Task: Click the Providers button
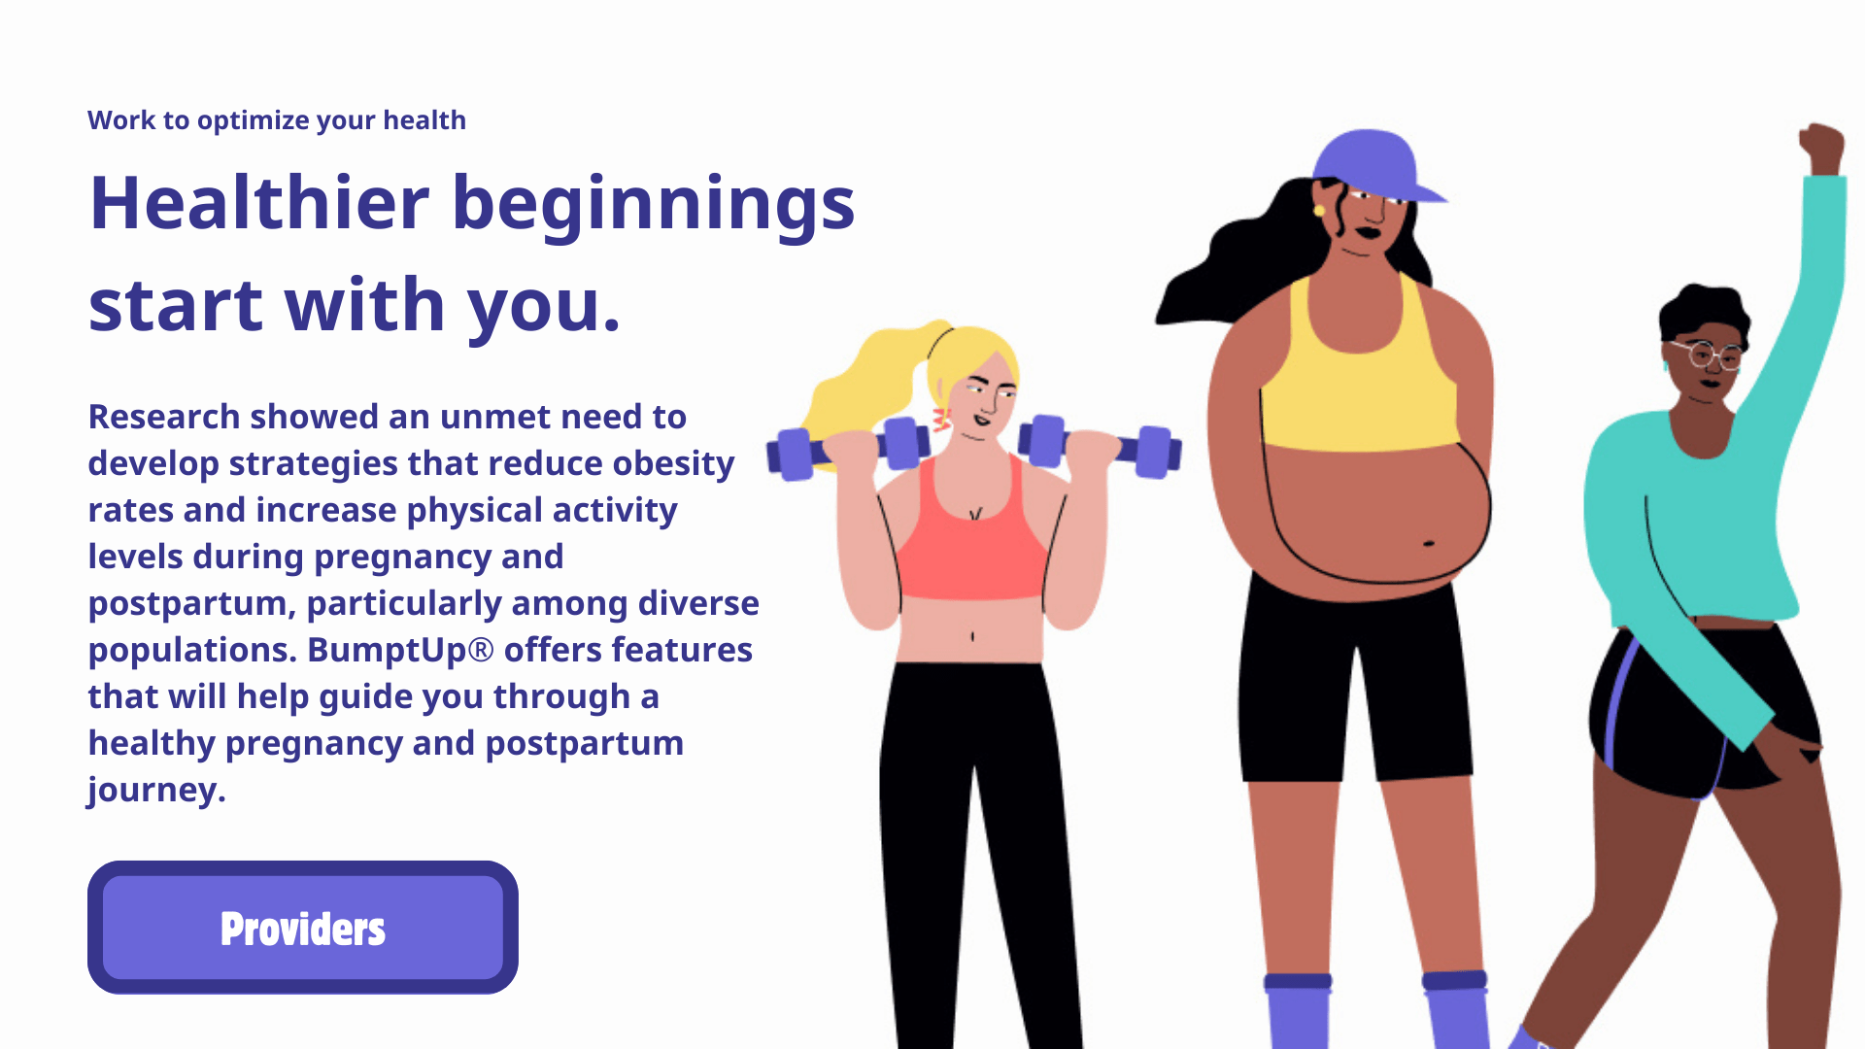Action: point(303,928)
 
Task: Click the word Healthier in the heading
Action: point(259,203)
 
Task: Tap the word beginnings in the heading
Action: point(654,206)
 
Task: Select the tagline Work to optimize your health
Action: point(277,120)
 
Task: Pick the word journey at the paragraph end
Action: point(156,791)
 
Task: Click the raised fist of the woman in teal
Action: point(1821,150)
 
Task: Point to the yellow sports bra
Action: point(1359,374)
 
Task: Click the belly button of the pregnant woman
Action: point(1429,543)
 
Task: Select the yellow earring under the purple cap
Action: point(1319,210)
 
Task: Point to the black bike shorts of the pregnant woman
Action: point(1355,680)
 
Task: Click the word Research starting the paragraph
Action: point(164,417)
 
